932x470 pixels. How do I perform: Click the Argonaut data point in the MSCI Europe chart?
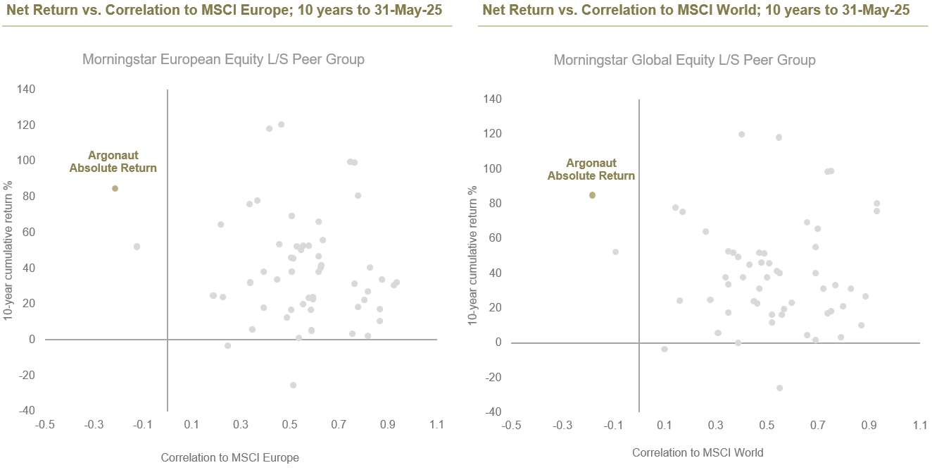115,188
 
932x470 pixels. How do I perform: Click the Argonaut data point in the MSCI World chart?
592,195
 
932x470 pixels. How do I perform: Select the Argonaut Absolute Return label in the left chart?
113,161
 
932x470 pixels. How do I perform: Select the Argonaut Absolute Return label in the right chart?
591,170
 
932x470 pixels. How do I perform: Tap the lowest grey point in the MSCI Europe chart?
293,385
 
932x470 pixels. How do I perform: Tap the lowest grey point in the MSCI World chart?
779,388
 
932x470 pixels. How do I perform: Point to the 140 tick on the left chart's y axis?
26,89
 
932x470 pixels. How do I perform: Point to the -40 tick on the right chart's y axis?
493,412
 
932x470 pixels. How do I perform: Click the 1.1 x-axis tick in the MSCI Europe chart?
436,425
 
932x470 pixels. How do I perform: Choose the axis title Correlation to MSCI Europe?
229,457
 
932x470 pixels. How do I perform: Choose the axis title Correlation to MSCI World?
697,452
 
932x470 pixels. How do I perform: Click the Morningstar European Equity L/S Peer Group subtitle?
223,59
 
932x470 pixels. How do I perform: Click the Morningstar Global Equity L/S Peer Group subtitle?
684,60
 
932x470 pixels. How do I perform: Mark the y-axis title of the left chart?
8,251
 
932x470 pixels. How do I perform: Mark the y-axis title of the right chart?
474,255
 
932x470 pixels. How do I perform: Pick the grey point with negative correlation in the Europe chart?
137,247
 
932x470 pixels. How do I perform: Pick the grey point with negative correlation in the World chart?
615,252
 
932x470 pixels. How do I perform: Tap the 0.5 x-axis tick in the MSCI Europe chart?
289,425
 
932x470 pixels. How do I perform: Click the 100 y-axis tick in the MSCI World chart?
493,168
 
